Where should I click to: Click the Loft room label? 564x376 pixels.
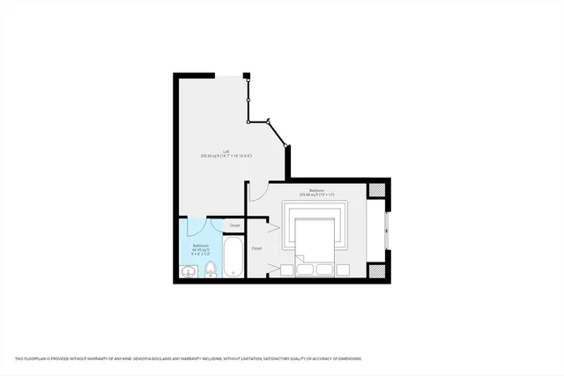(226, 151)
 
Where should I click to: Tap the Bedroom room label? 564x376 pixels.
(316, 190)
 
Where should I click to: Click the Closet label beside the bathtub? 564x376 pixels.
(256, 248)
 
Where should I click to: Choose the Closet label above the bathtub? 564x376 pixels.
(234, 226)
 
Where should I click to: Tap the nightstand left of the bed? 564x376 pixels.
(287, 269)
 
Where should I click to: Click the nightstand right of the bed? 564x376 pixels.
(343, 269)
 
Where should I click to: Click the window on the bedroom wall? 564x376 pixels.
(386, 231)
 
